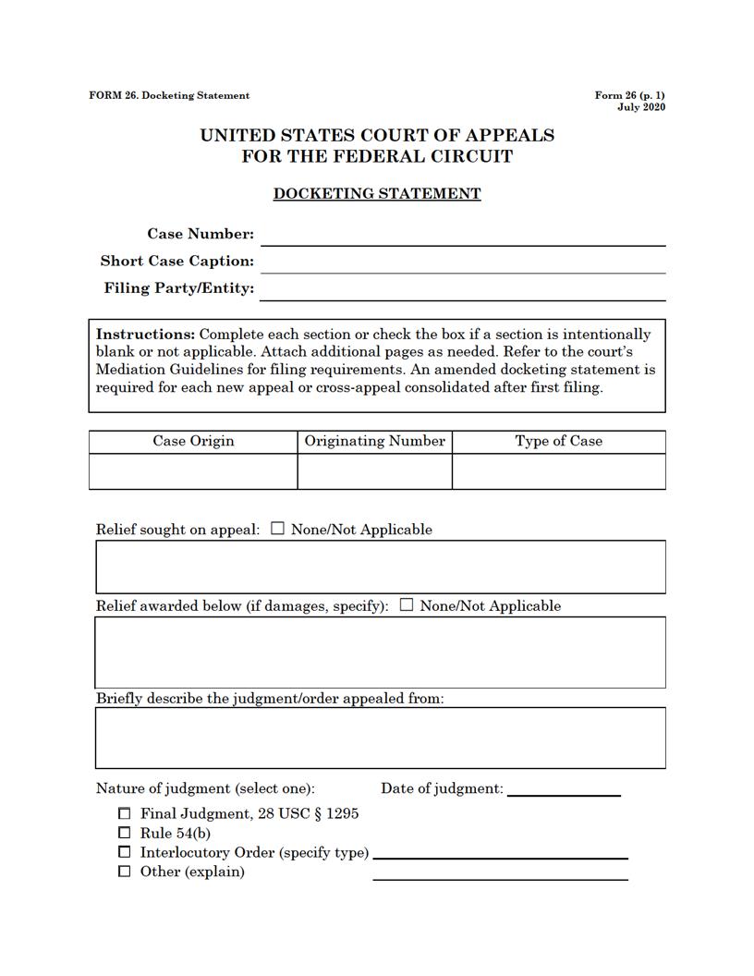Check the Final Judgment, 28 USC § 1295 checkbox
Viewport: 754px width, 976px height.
click(125, 814)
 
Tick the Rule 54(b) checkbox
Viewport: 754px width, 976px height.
click(125, 834)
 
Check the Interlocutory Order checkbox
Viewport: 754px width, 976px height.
click(125, 852)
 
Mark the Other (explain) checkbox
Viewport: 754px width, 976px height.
click(125, 872)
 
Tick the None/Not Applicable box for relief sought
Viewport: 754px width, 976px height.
click(278, 530)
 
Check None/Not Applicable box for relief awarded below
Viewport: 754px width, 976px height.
click(407, 606)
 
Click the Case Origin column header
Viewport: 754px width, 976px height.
click(193, 442)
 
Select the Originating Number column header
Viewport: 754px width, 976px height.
click(375, 442)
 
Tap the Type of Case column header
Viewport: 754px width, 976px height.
click(558, 442)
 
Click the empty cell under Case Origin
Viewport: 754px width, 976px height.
click(193, 471)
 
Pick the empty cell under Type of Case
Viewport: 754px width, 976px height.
click(558, 471)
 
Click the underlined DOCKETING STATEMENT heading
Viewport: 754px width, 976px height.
click(377, 194)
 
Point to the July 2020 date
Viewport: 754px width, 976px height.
click(641, 107)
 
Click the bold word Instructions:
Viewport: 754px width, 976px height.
click(145, 335)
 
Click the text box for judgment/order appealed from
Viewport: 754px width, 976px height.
click(380, 738)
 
